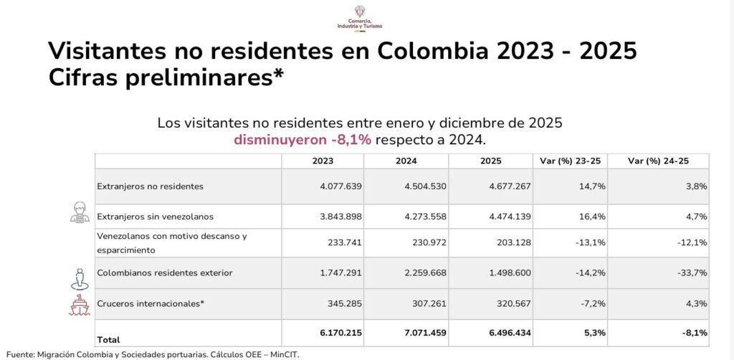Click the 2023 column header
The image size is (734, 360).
pyautogui.click(x=323, y=161)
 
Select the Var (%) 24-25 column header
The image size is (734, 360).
pyautogui.click(x=657, y=161)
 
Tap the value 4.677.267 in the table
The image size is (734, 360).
pyautogui.click(x=506, y=186)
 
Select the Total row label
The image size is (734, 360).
pyautogui.click(x=109, y=339)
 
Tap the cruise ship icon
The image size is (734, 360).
pyautogui.click(x=80, y=305)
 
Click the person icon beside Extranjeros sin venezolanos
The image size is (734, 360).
pyautogui.click(x=80, y=213)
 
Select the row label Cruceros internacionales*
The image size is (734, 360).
pyautogui.click(x=151, y=303)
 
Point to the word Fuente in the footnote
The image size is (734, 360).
pyautogui.click(x=20, y=354)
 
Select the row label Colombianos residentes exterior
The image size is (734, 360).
pyautogui.click(x=165, y=273)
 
